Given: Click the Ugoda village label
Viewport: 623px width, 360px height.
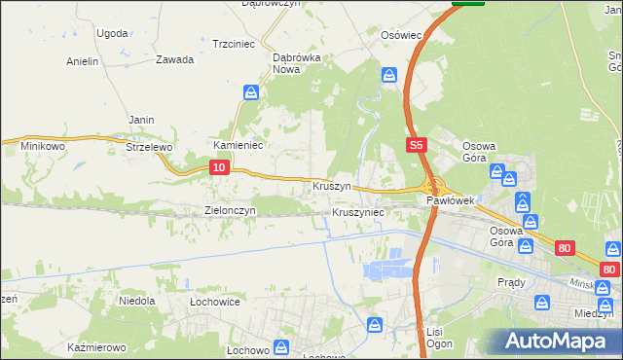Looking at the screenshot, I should [112, 32].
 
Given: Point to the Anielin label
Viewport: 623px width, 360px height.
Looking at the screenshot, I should [83, 61].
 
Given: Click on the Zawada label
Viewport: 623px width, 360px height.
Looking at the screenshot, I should [174, 58].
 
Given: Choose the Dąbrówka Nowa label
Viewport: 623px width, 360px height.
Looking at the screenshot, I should [297, 63].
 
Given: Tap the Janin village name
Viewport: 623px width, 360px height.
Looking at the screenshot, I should [141, 120].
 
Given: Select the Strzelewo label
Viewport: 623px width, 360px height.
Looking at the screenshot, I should [149, 147].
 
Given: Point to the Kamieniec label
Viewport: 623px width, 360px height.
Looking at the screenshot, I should [234, 145].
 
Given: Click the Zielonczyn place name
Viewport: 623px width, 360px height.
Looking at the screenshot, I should [230, 210].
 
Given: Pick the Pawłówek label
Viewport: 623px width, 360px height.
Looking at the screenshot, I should [450, 200].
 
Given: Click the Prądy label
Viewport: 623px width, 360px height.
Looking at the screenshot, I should [511, 282].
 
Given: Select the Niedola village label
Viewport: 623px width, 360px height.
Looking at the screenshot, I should [137, 301].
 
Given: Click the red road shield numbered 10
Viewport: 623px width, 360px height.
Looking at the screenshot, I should [219, 168].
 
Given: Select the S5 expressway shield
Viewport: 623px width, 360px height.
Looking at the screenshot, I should [416, 145].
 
